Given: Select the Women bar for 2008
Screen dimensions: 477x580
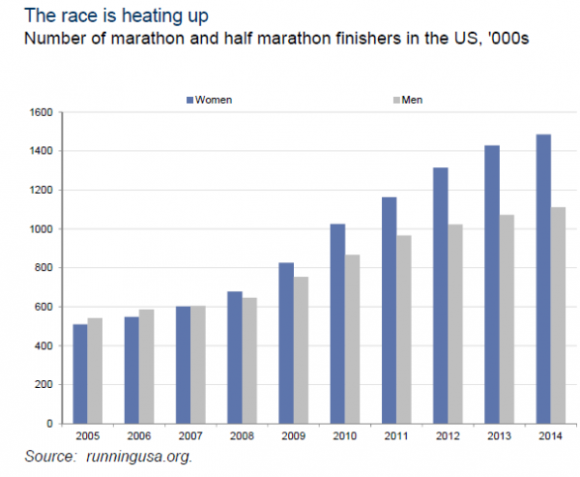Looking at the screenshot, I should click(x=235, y=357).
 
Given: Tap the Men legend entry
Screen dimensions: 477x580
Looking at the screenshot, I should click(x=410, y=99).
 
